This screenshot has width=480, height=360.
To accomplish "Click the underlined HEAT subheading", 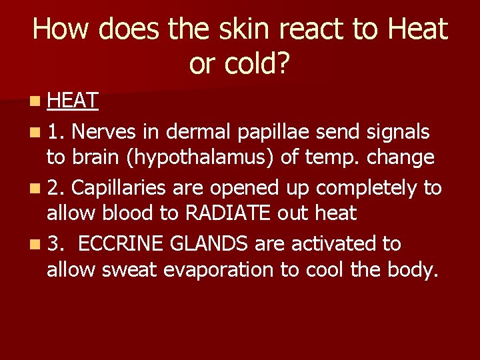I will point(73,101).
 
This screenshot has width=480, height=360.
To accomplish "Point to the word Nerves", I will point(104,132).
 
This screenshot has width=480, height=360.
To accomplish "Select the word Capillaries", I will point(119,188).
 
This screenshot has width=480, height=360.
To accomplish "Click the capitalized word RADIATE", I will point(227,214).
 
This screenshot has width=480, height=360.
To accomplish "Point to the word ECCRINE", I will point(120,244).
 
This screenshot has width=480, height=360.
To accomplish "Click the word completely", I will point(367,188).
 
